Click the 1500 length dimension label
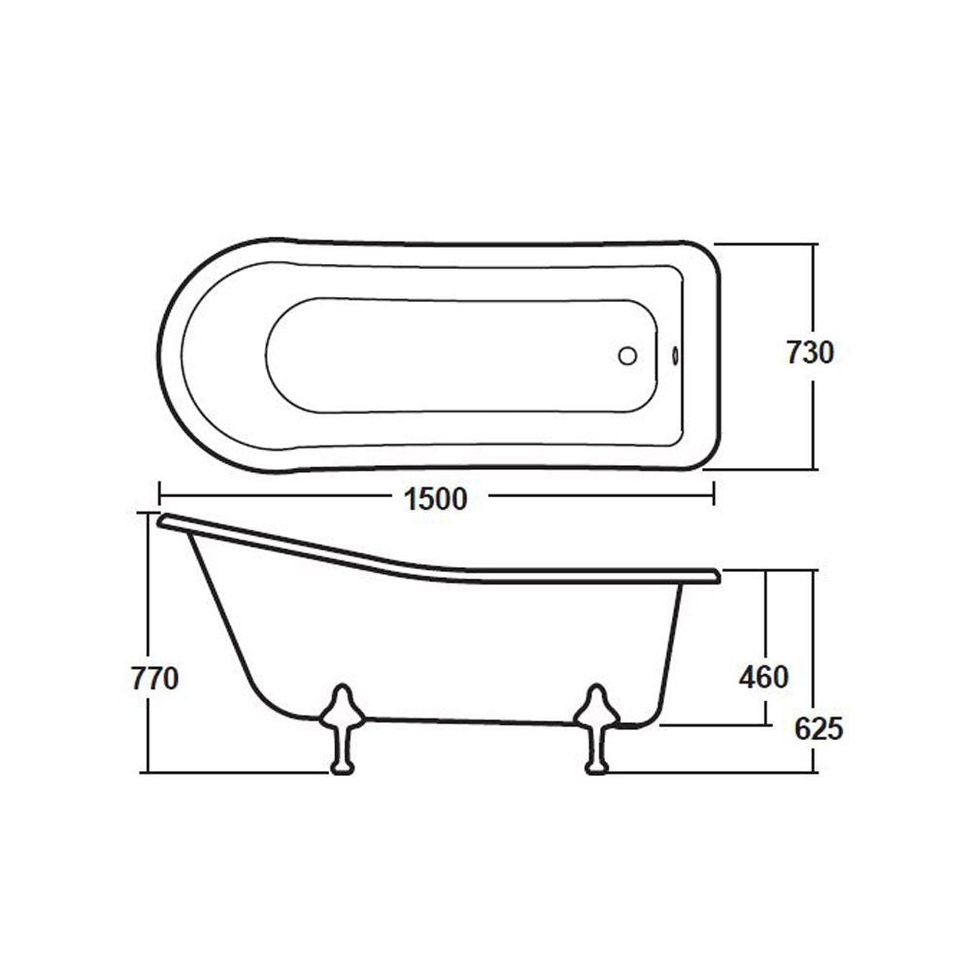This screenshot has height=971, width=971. [x=435, y=499]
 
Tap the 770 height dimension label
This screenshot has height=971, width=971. [x=155, y=679]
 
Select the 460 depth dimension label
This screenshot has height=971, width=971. [x=763, y=677]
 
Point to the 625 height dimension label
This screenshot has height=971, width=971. [x=817, y=727]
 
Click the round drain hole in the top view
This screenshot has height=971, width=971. [x=628, y=355]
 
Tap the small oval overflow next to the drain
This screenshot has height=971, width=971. [x=676, y=355]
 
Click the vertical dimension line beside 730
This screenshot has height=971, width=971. [x=814, y=291]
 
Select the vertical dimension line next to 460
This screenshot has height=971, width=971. [x=767, y=621]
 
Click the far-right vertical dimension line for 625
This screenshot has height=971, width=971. [x=814, y=641]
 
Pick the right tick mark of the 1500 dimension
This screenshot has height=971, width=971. [x=715, y=494]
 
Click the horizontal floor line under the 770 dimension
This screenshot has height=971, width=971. [x=233, y=773]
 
